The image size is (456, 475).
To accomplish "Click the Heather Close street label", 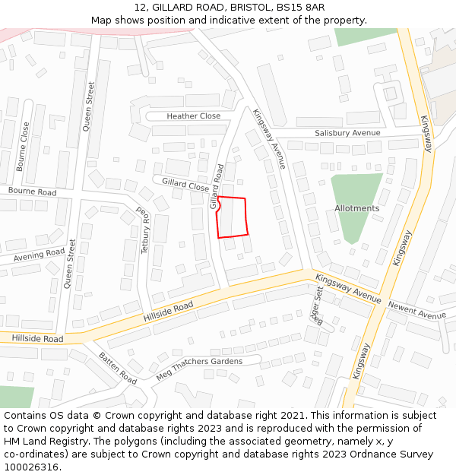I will point(194,116).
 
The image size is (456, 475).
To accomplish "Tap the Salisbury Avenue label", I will point(347,133).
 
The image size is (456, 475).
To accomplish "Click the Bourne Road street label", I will point(33,192).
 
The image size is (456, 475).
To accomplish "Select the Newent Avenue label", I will point(416,309).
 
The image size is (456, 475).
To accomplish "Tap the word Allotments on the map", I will point(356,208).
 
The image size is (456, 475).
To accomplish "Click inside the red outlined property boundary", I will point(233,217).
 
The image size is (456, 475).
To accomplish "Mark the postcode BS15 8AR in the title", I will point(301,7).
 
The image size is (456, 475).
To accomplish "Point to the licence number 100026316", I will point(30,467).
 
